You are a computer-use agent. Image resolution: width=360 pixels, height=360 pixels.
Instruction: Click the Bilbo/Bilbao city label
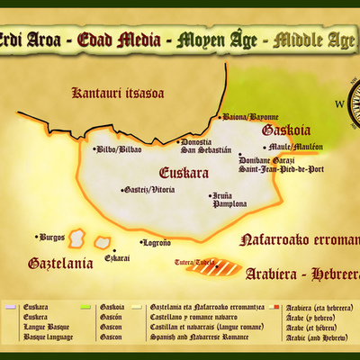tap(120, 149)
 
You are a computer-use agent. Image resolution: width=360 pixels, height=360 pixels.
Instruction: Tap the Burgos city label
tap(52, 237)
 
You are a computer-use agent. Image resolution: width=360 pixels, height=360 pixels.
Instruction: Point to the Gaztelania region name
tap(60, 265)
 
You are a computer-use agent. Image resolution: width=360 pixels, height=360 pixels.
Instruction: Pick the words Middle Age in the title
tap(315, 40)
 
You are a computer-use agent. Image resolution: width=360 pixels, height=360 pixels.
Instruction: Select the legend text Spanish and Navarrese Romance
tap(192, 337)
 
